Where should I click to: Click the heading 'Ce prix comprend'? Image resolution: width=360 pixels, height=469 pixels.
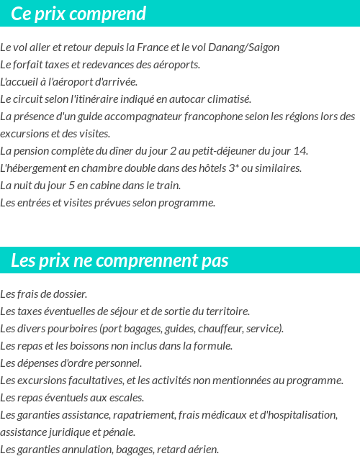tap(78, 14)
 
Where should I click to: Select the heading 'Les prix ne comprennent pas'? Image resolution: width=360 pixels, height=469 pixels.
tap(120, 260)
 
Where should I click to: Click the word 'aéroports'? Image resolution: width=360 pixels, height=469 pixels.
tap(177, 65)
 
